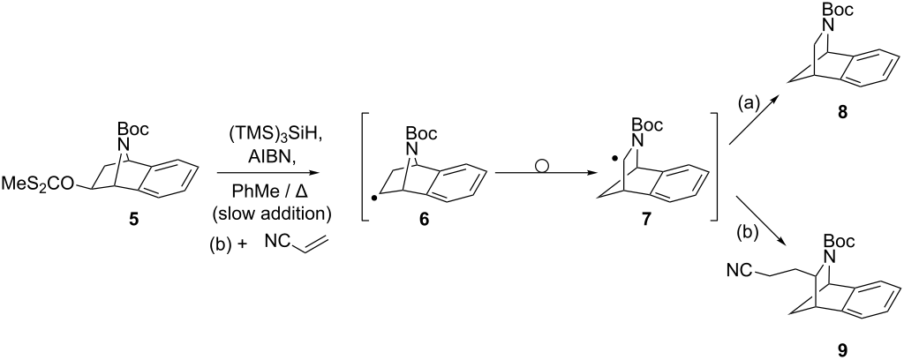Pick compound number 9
843,349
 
